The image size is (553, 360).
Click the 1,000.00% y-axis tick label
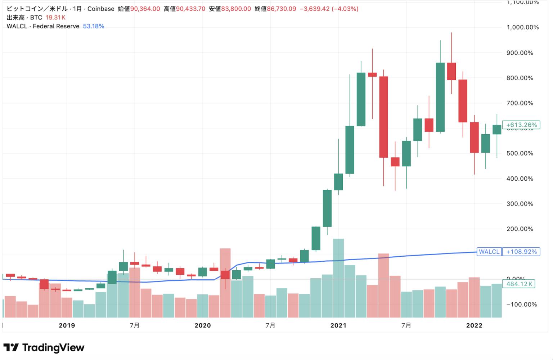[522, 27]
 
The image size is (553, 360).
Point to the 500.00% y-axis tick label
[520, 153]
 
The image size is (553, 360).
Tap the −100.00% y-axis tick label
[521, 305]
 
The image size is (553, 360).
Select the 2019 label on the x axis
[67, 325]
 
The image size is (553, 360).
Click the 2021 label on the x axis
[338, 325]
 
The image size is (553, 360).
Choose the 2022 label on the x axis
[474, 325]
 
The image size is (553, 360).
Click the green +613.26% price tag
[521, 125]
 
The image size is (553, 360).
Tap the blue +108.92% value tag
[521, 252]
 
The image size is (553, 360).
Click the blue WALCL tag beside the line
[489, 252]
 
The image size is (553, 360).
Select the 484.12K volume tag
[519, 284]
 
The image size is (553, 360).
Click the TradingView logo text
[53, 348]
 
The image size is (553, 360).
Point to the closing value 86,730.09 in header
[282, 9]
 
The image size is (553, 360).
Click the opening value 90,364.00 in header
[145, 9]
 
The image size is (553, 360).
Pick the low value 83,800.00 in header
[236, 9]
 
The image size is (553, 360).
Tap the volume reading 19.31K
[55, 17]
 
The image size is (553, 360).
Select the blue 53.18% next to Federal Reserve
[94, 26]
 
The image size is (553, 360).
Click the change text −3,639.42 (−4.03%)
[329, 9]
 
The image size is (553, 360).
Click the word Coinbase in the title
[101, 9]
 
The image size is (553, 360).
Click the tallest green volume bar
[338, 278]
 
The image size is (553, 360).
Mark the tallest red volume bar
[225, 283]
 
